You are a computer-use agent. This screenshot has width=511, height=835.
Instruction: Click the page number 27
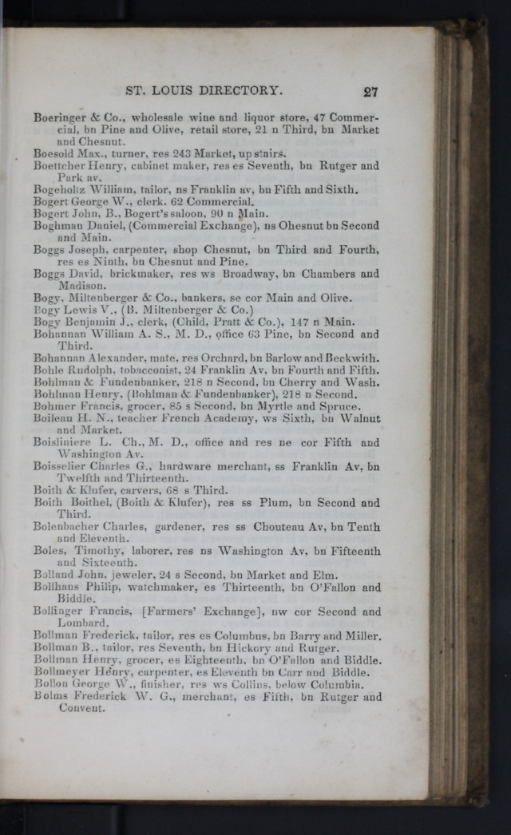pyautogui.click(x=370, y=92)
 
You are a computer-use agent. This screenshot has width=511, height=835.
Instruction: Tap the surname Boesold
pyautogui.click(x=53, y=153)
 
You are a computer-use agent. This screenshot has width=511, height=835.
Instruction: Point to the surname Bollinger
pyautogui.click(x=58, y=611)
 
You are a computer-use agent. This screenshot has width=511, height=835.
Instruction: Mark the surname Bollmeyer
pyautogui.click(x=61, y=671)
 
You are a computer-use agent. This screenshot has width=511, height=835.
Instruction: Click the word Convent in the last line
pyautogui.click(x=81, y=708)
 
